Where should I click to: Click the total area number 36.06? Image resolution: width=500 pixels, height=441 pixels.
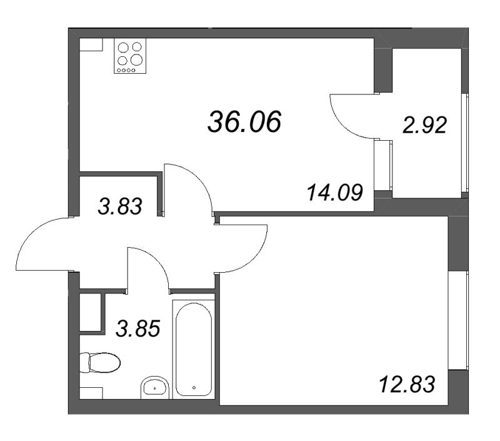(244, 121)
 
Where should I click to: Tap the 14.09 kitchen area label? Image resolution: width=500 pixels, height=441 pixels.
(335, 193)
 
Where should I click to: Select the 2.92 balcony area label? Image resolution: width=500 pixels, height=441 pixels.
(425, 125)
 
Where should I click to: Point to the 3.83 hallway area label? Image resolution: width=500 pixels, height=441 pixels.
(119, 206)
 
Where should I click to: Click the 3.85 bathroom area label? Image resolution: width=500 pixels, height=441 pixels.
(137, 328)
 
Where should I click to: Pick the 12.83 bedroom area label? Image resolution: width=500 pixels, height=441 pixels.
(407, 384)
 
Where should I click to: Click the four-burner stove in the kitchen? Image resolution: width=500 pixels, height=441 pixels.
(130, 56)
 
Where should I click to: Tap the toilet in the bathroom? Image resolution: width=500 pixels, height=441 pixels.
(100, 363)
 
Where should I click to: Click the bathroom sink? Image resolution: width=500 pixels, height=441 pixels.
(154, 387)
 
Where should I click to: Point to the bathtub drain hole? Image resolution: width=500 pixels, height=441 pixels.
(194, 388)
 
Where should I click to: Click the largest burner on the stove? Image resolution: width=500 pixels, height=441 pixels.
(136, 59)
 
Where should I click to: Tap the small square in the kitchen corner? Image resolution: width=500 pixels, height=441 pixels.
(91, 44)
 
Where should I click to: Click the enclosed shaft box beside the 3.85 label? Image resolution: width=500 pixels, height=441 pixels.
(90, 312)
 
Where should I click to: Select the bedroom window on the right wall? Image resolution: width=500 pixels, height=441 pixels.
(458, 320)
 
